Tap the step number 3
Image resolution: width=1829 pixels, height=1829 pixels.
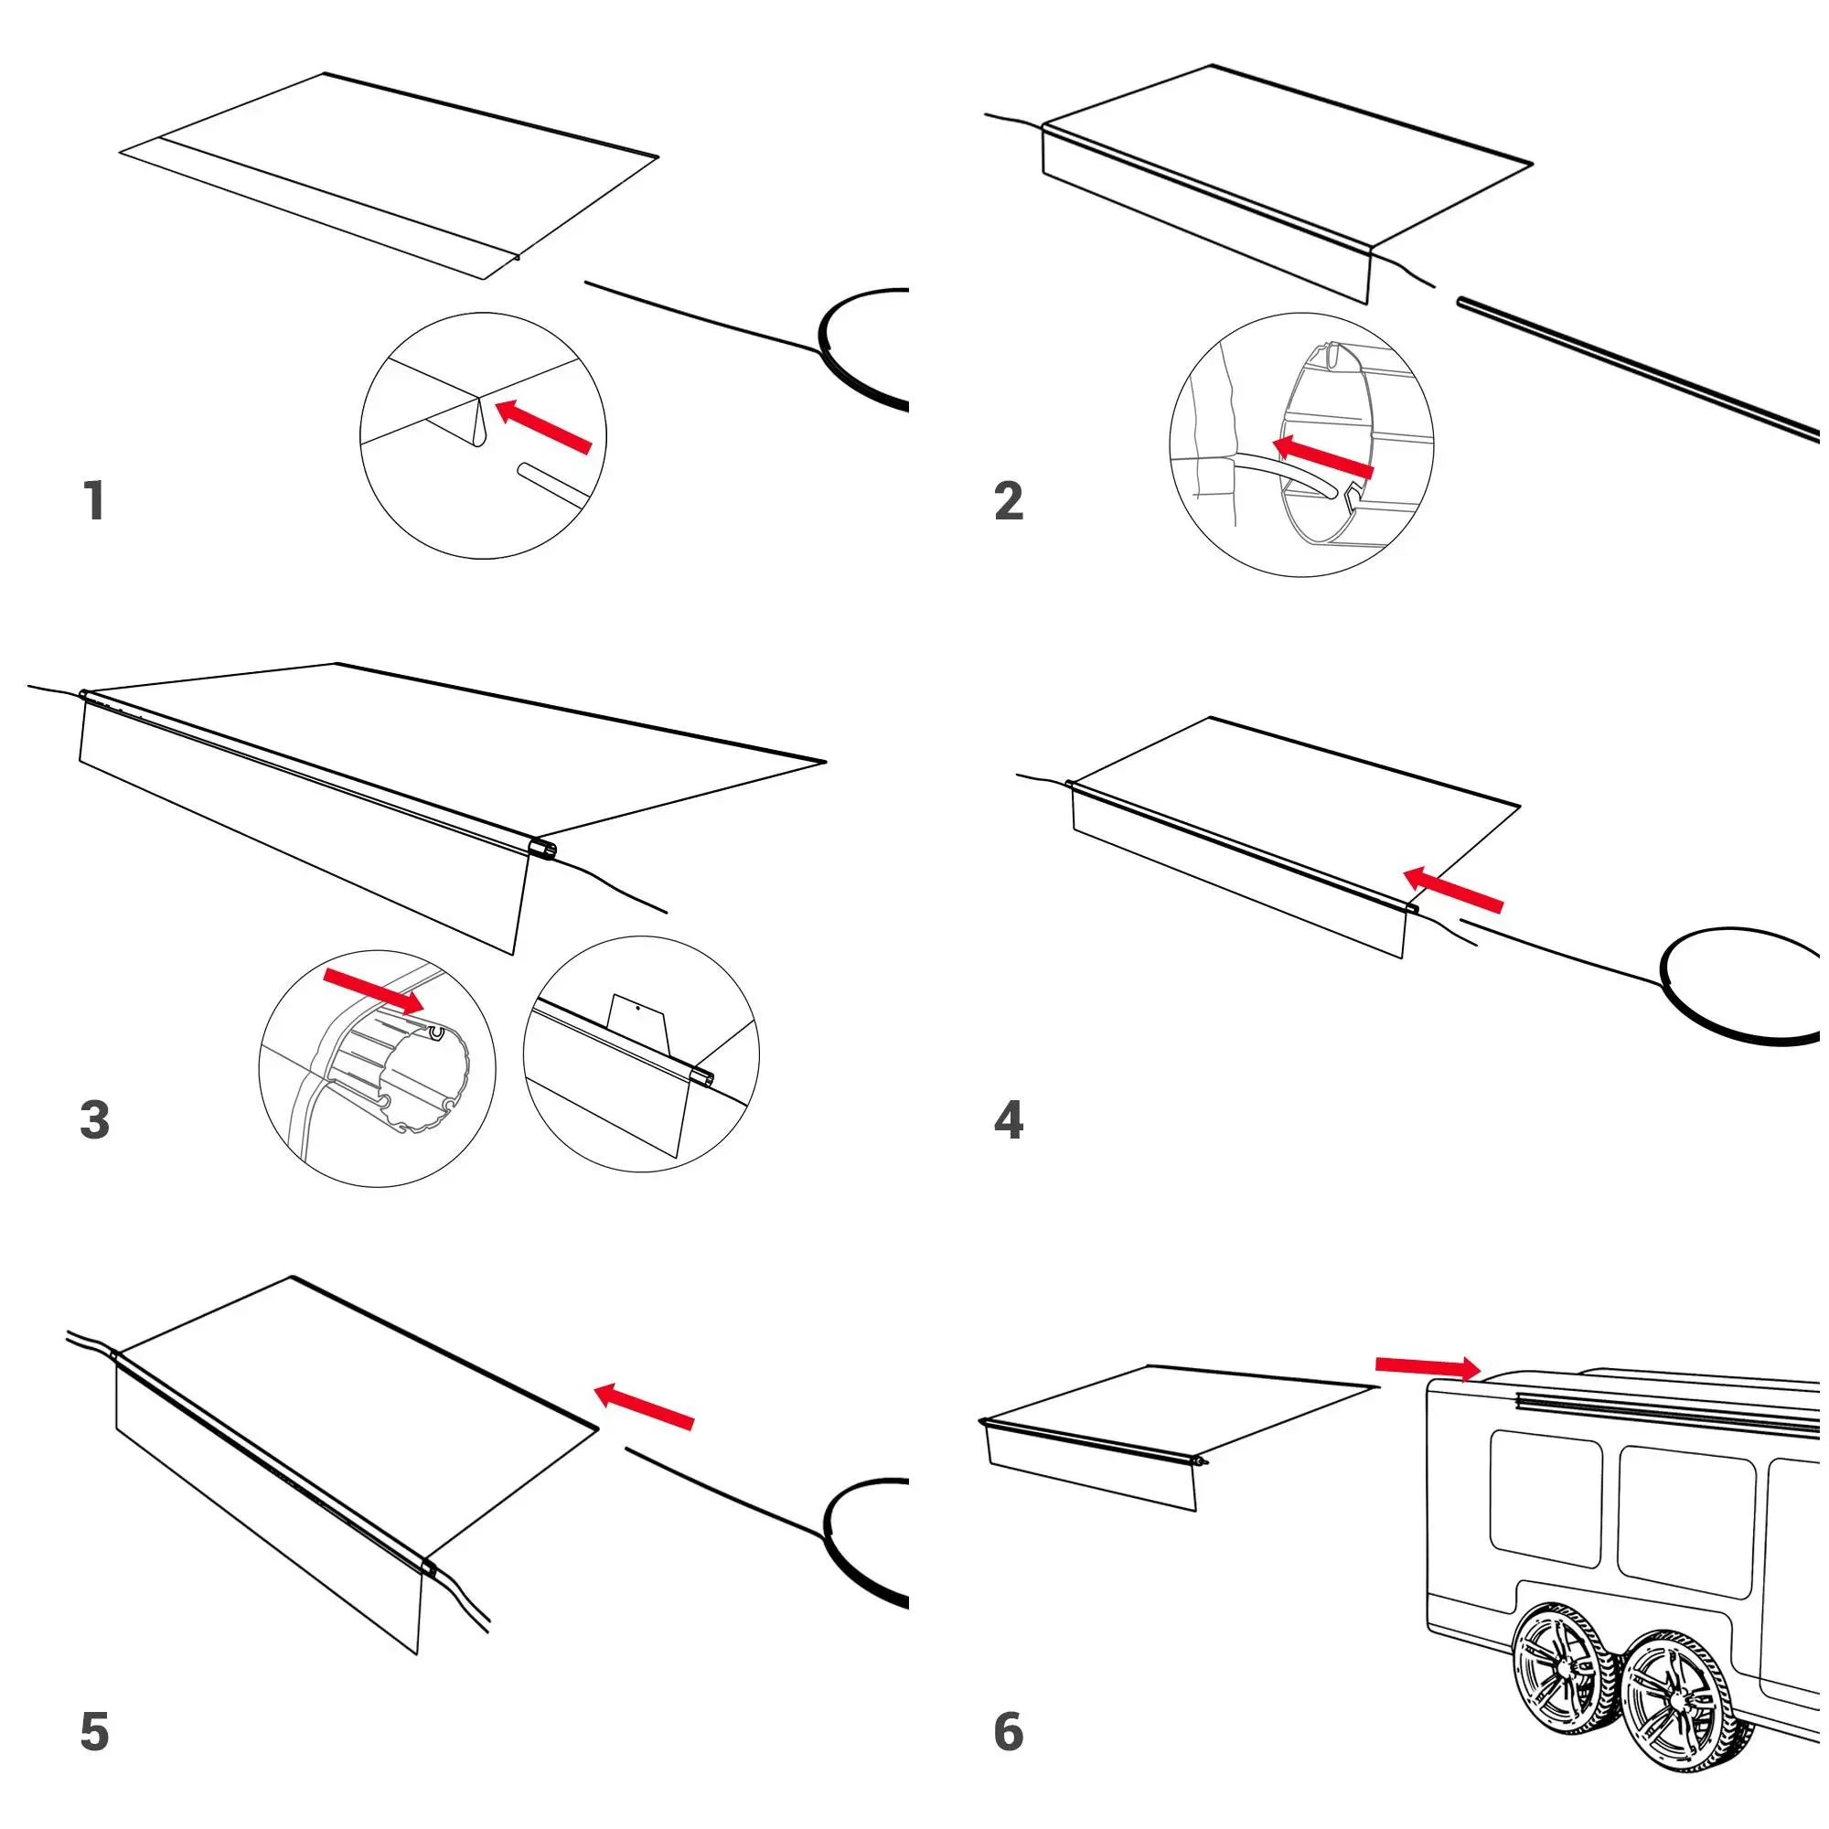(95, 1120)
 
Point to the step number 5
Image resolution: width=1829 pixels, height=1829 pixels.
(95, 1731)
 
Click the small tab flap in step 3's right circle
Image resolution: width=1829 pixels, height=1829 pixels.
(639, 1022)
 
